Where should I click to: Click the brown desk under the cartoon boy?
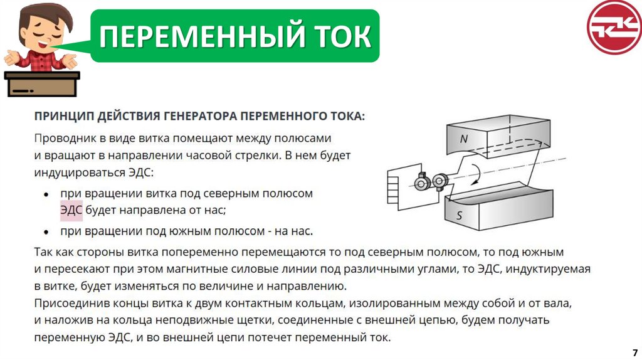coord(42,85)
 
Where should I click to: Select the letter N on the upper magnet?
coord(463,139)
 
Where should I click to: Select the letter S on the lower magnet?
coord(460,215)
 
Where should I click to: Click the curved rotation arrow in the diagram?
coord(476,174)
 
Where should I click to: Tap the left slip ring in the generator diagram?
coord(421,183)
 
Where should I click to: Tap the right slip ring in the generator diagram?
coord(440,181)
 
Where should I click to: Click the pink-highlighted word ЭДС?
coord(71,211)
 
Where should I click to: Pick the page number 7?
coord(635,352)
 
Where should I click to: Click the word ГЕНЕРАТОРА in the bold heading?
coord(200,117)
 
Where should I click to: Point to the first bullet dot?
coord(46,195)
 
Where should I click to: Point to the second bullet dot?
coord(46,233)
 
